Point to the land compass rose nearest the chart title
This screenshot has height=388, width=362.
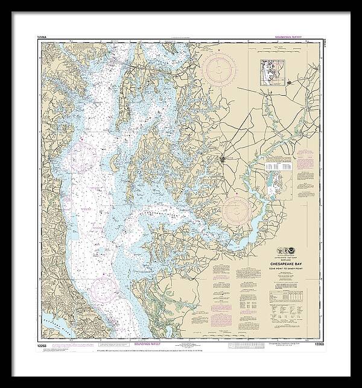(237, 211)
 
